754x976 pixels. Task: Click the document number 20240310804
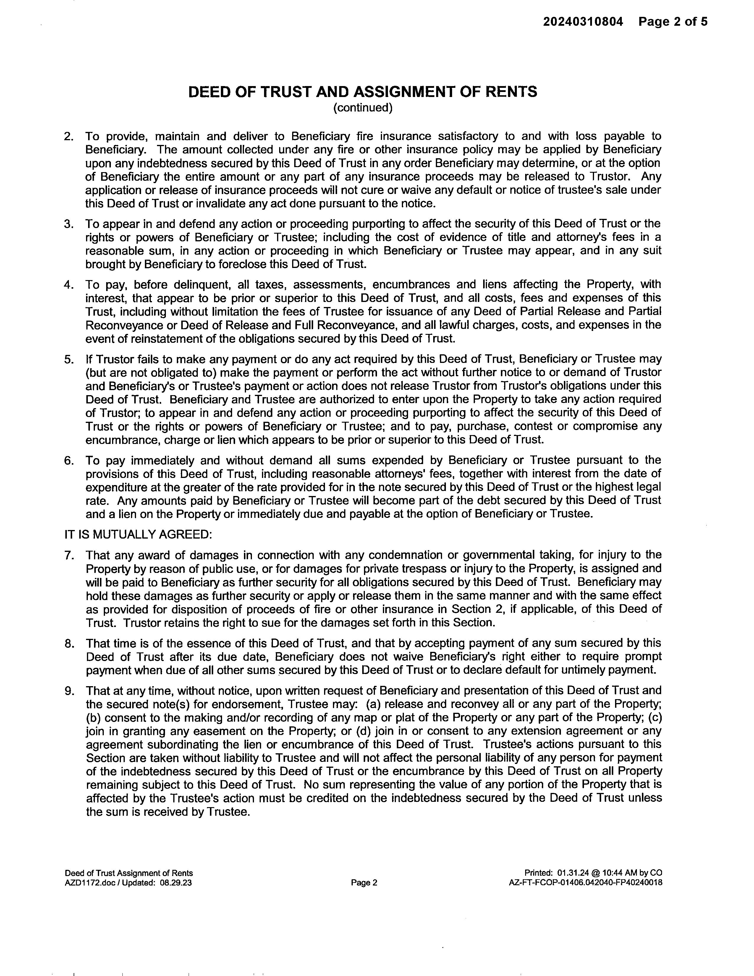[583, 22]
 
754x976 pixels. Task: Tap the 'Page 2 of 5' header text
[673, 22]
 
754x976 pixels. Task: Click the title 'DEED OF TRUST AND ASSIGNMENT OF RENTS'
[362, 92]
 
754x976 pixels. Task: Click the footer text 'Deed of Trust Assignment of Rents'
[129, 873]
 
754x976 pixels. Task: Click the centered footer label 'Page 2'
[364, 883]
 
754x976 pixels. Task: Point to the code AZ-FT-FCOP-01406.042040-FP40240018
[585, 883]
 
